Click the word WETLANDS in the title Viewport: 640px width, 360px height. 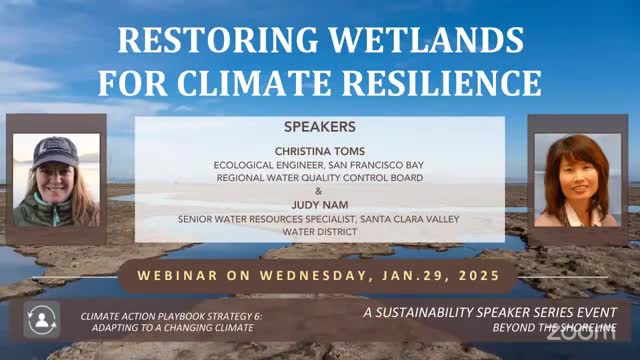426,40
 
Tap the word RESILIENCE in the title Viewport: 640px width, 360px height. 442,83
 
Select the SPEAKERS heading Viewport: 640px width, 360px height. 320,127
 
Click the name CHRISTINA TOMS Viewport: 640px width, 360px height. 320,151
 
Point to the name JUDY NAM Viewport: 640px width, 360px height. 320,205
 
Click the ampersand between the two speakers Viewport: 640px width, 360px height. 319,191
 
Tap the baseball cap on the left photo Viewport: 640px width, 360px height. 56,152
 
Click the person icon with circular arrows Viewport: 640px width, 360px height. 42,320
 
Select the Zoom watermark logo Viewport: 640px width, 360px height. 581,333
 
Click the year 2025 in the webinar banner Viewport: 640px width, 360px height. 479,276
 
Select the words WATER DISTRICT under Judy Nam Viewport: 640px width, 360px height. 320,232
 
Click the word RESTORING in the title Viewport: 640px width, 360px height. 218,40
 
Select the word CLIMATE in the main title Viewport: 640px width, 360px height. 254,83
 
